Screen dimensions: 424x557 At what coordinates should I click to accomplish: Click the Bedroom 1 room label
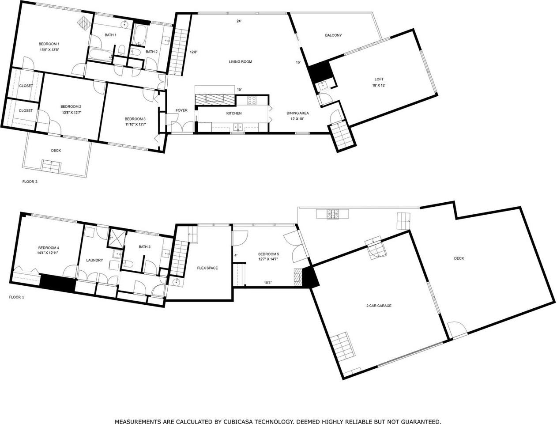tap(49, 44)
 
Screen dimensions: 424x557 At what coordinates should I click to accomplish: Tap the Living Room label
tap(240, 62)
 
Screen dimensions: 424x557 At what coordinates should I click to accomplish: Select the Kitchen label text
tap(234, 114)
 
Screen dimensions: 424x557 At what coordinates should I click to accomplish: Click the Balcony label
tap(333, 35)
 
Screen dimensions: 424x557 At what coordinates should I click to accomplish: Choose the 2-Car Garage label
tap(379, 306)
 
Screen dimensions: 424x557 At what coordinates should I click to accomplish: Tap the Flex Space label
tap(207, 268)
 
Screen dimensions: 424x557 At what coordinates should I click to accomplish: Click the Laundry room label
tap(94, 260)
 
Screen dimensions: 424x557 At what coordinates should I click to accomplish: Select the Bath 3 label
tap(144, 247)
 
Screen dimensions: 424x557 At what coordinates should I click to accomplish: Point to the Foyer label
tap(181, 110)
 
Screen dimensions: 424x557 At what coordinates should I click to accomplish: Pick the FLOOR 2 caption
tap(30, 182)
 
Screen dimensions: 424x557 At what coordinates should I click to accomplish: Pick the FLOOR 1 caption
tap(17, 297)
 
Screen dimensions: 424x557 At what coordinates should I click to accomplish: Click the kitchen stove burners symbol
tap(252, 100)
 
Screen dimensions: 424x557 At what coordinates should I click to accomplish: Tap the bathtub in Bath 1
tap(101, 55)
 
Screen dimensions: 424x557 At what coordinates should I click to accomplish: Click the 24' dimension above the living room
tap(239, 21)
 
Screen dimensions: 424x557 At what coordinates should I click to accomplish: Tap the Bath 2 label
tap(151, 52)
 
